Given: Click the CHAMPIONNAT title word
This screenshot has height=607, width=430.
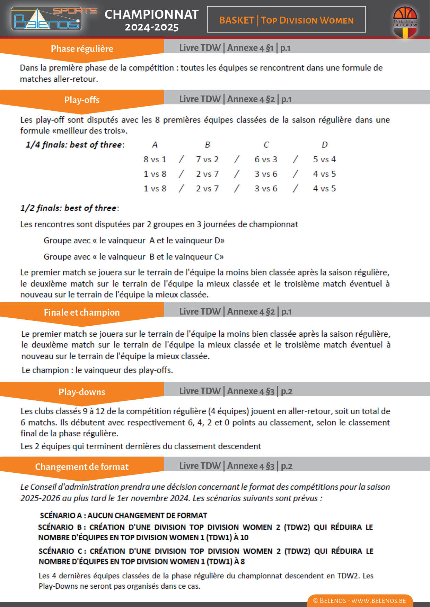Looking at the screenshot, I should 151,15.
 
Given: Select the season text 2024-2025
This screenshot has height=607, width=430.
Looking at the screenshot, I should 152,27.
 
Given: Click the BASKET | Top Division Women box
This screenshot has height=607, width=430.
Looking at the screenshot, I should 286,20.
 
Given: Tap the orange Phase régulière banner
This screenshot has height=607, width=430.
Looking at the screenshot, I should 82,48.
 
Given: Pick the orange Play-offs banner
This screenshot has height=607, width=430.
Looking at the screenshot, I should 82,100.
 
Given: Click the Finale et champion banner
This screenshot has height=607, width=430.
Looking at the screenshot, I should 82,312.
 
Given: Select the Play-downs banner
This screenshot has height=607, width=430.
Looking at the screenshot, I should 82,392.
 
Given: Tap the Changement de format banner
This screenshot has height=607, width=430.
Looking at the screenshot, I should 82,466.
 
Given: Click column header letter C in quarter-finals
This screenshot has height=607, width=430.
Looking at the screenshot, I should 266,145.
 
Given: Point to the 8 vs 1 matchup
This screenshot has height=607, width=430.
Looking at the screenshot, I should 155,160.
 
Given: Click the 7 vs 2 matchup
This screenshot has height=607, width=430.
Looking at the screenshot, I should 207,160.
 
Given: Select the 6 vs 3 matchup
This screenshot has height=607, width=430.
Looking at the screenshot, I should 266,160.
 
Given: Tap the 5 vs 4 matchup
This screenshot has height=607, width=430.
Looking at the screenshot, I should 324,160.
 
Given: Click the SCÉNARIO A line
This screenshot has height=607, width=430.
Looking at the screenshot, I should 123,515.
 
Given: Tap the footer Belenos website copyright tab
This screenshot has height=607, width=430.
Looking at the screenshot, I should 360,600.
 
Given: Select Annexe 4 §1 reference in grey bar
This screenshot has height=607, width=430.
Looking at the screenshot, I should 250,48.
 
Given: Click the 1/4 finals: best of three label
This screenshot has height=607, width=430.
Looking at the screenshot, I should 75,145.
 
